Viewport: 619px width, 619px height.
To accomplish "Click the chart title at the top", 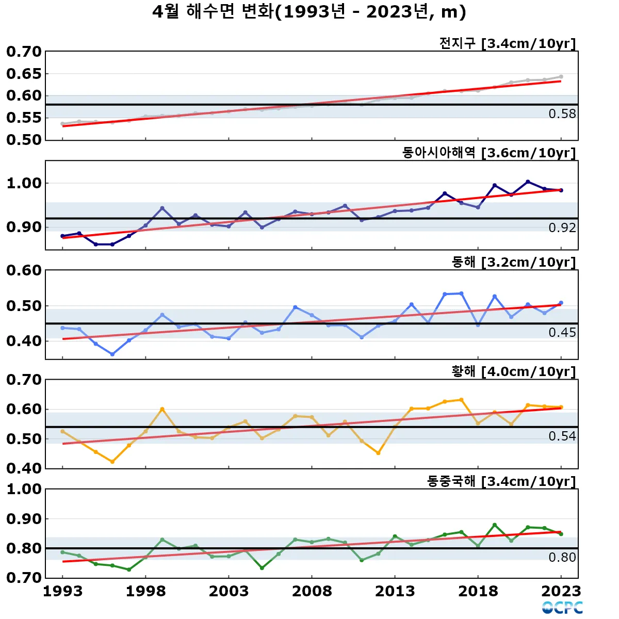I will (x=309, y=12).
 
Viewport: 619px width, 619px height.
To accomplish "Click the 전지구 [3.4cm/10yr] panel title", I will (x=507, y=43).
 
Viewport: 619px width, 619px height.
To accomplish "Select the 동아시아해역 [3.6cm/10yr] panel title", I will (x=488, y=153).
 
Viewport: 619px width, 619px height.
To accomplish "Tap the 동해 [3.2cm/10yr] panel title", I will (x=513, y=262).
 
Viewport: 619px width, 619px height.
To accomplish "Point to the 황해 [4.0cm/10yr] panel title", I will (x=513, y=371).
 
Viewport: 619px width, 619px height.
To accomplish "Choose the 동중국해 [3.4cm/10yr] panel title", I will (x=501, y=481).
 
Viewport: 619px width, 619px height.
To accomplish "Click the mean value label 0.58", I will (x=562, y=114).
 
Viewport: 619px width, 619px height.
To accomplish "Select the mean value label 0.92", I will (x=562, y=228).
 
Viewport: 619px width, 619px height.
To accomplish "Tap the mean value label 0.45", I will (x=562, y=333).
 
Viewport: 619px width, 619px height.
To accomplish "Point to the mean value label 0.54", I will (x=562, y=436).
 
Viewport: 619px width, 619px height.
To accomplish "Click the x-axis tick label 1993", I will (x=62, y=591).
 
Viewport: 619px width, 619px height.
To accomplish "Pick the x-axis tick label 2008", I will (x=312, y=591).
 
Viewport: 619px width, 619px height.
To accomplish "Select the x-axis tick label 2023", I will (x=561, y=591).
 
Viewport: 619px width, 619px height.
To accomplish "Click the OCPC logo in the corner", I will (x=562, y=608).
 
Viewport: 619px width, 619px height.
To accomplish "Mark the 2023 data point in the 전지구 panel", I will (x=561, y=77).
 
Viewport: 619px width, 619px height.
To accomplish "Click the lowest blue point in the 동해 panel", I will (x=112, y=354).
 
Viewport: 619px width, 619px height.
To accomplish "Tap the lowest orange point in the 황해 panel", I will (x=112, y=462).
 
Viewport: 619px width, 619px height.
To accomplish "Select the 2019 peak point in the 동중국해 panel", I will (x=495, y=525).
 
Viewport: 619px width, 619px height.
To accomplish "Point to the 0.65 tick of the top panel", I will (x=24, y=74).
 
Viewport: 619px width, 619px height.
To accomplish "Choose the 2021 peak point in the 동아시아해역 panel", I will (x=528, y=182).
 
